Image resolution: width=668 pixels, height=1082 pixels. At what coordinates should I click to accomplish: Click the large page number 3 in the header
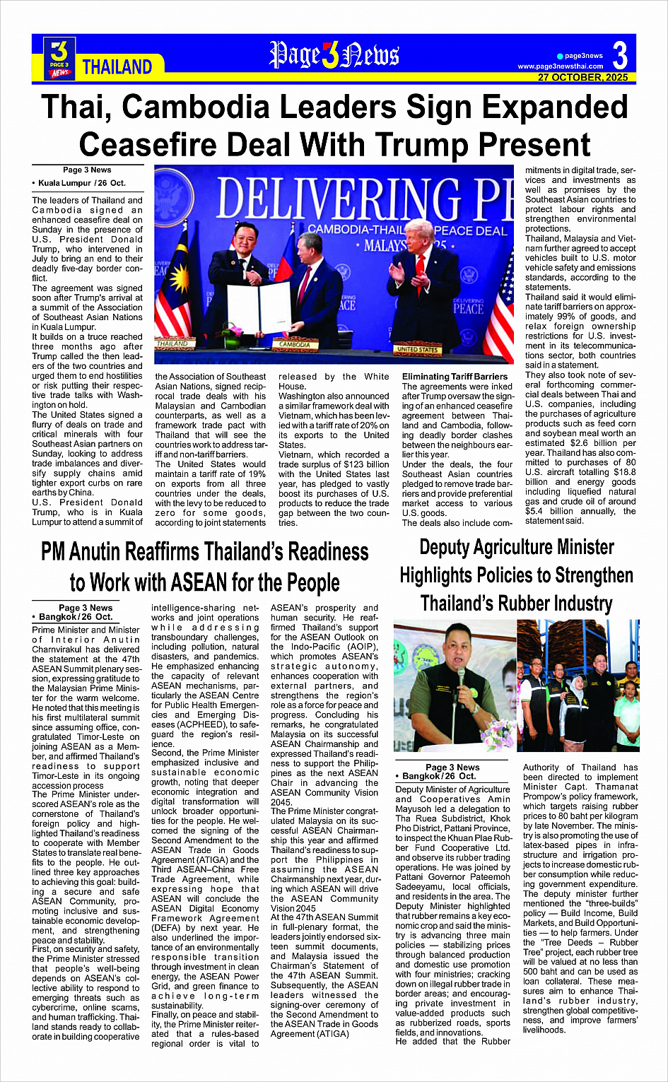click(x=620, y=54)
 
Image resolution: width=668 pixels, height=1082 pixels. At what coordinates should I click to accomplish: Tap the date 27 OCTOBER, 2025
click(x=582, y=78)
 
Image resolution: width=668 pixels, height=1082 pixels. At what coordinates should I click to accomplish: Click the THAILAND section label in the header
click(x=117, y=67)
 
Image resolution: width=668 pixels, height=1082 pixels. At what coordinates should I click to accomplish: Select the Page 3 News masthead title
click(x=334, y=56)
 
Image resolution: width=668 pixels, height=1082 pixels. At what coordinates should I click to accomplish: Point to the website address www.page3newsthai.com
click(x=560, y=66)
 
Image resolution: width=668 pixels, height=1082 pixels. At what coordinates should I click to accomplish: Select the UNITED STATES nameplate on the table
click(x=417, y=348)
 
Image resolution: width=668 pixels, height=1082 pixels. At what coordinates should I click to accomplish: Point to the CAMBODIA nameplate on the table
click(x=295, y=344)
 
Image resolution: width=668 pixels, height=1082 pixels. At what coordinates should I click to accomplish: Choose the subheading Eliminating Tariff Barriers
click(x=455, y=377)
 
